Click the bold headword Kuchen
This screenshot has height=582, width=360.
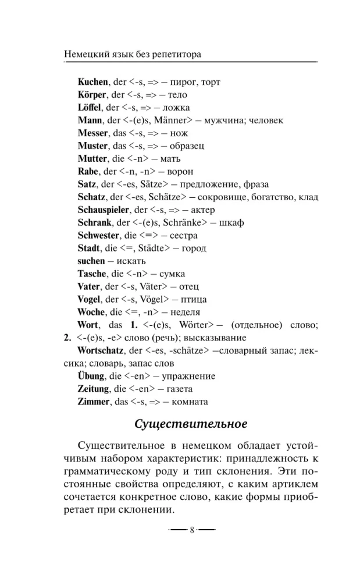(x=92, y=82)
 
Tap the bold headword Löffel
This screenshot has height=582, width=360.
(x=90, y=108)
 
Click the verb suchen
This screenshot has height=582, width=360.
(x=91, y=261)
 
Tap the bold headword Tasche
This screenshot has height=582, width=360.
(x=92, y=274)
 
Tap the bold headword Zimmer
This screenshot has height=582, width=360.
(x=93, y=402)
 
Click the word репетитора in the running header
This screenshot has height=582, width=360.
(x=175, y=54)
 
